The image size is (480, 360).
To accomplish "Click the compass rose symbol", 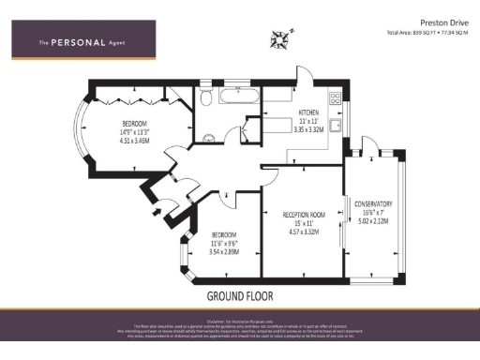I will click(280, 38).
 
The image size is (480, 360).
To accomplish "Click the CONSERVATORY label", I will click(372, 203).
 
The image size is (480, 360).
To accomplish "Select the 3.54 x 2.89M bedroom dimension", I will click(224, 251).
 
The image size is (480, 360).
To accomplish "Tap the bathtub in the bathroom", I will click(238, 97).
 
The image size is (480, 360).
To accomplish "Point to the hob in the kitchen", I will click(335, 97).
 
